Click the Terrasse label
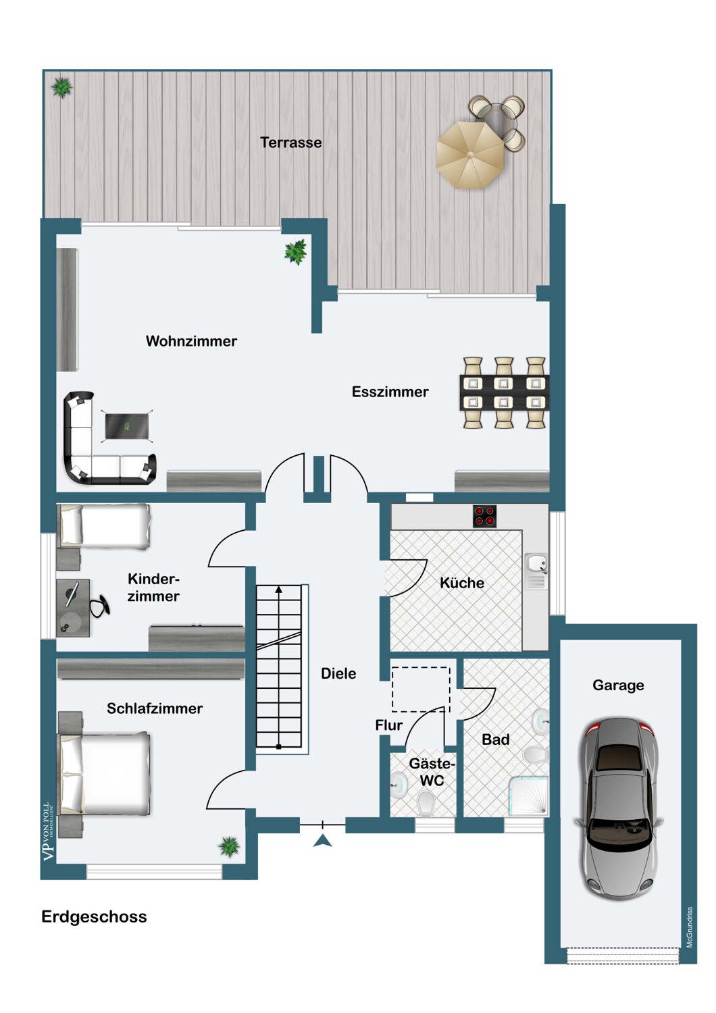point(291,142)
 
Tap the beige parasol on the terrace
point(470,155)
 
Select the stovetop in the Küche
point(484,516)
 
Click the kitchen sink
point(536,571)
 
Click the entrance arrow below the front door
point(322,841)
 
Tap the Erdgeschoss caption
point(94,916)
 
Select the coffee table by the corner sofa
point(126,426)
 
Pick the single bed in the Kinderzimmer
point(104,527)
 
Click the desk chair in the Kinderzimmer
point(99,606)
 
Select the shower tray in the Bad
point(529,796)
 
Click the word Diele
point(338,673)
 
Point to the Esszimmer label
point(390,392)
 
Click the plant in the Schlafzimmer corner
point(229,846)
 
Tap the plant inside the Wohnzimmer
point(295,252)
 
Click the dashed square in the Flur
point(421,690)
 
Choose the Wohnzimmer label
point(191,341)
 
